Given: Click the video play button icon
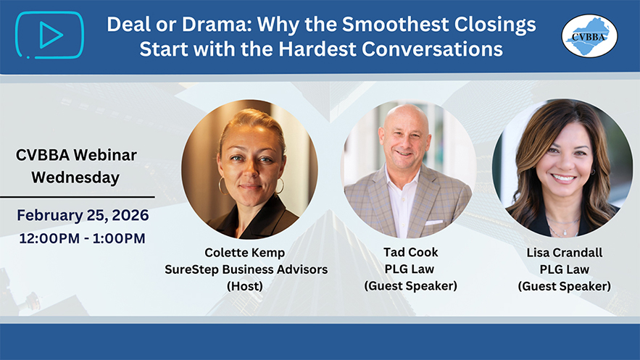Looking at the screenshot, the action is (x=50, y=35).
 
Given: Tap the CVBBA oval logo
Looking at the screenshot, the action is (x=589, y=36).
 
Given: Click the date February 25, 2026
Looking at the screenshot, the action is (x=83, y=215).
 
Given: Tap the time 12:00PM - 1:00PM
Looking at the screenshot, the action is (x=82, y=238).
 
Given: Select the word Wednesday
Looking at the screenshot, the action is (x=75, y=178).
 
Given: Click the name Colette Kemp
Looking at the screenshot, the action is (x=244, y=253).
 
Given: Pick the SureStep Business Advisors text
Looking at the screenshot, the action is (x=246, y=269).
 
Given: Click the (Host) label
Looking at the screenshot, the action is (x=245, y=286).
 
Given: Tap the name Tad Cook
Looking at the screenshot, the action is (x=411, y=252).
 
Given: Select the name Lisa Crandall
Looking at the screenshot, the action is (x=565, y=253).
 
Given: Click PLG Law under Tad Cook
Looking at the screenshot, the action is (x=410, y=269).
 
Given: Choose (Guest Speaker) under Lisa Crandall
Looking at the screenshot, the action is (x=565, y=286).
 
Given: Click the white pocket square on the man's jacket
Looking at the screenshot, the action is (x=433, y=222).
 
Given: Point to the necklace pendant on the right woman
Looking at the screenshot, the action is (x=565, y=233).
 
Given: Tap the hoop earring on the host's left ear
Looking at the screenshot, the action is (x=223, y=186).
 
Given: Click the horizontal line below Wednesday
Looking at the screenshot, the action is (x=77, y=197).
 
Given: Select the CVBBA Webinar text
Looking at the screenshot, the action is (x=76, y=155).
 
